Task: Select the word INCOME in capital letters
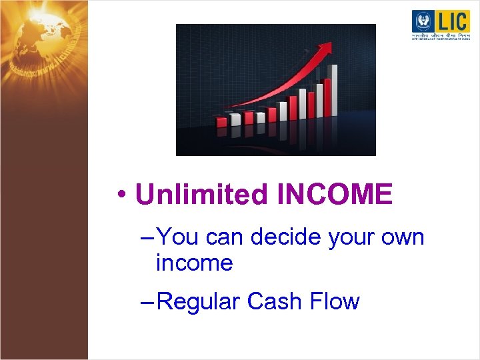click(335, 195)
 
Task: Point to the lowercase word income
click(194, 263)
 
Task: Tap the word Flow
click(335, 301)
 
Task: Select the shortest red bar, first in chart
click(221, 121)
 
